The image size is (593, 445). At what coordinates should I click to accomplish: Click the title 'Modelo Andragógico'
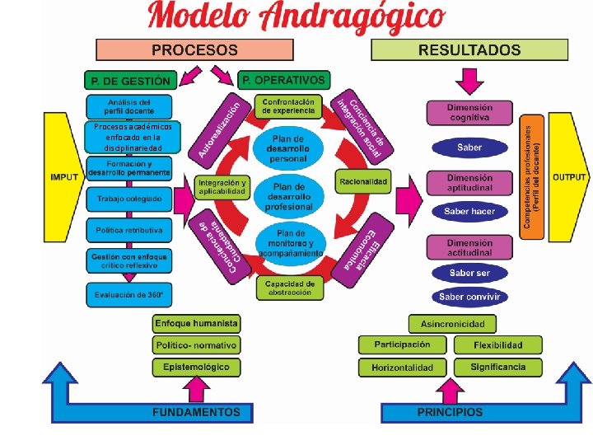tap(296, 18)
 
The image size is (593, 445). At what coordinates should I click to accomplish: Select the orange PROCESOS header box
tap(194, 49)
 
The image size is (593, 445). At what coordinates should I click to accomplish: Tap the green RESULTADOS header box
tap(469, 49)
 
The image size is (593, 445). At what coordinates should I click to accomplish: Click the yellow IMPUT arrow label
tap(65, 177)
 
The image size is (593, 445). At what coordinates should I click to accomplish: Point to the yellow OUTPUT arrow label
tap(569, 177)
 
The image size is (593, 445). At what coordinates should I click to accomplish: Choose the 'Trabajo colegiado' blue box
tap(128, 199)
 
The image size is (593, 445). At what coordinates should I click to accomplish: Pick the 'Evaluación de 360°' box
tap(128, 294)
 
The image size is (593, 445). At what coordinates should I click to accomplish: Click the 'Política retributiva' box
tap(128, 230)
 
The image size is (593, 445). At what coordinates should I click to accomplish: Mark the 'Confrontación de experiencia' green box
tap(288, 106)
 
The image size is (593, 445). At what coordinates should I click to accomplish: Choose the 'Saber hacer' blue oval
tap(469, 212)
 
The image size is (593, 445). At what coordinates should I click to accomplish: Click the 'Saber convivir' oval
tap(469, 297)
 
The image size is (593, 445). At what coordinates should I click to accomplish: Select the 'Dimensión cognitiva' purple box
tap(469, 112)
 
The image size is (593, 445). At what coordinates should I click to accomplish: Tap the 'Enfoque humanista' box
tap(196, 324)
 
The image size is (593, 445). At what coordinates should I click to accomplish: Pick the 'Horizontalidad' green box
tap(402, 367)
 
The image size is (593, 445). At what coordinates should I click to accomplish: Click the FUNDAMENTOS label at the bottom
tap(196, 412)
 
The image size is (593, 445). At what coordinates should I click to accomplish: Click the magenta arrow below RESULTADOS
tap(469, 81)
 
